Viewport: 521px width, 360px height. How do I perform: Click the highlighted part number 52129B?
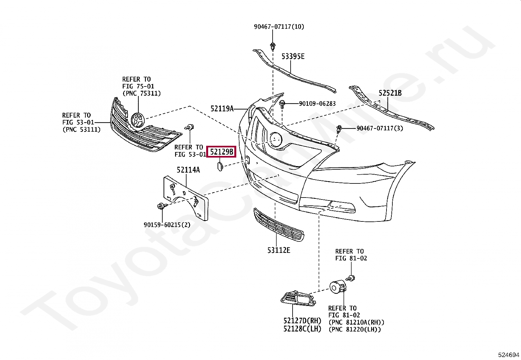222,152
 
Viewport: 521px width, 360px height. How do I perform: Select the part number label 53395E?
293,56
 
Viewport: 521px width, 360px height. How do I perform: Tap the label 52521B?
390,93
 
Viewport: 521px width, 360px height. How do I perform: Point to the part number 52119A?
222,108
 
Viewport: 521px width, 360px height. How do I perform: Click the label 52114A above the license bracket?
188,170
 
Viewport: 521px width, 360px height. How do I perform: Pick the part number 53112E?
278,250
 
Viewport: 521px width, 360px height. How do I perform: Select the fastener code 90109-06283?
317,104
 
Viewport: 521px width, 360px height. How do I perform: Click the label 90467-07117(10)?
279,27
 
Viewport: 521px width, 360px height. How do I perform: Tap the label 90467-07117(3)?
380,128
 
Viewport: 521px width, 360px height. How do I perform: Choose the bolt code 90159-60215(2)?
167,225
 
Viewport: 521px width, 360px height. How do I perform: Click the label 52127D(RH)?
302,321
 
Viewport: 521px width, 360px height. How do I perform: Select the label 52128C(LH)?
302,329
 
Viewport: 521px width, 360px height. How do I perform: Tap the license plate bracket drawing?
186,198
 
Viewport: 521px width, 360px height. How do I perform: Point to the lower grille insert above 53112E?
278,225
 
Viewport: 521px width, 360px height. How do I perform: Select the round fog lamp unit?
336,288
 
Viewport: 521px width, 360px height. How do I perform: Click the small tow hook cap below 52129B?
219,165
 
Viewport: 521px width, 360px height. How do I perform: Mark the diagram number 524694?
509,355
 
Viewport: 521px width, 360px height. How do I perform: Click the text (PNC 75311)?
141,93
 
